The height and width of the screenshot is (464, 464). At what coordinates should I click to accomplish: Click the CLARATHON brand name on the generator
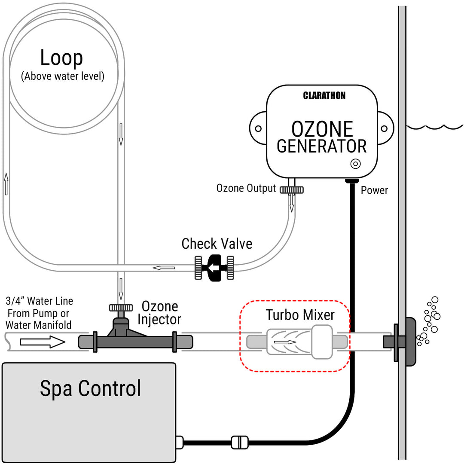coord(324,96)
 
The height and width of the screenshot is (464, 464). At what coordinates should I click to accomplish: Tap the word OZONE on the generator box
coord(322,128)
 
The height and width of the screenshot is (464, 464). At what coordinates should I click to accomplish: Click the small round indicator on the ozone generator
coord(356,164)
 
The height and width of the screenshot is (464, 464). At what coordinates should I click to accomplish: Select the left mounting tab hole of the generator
coord(258,128)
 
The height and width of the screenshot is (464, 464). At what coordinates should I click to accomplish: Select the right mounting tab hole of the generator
coord(384,128)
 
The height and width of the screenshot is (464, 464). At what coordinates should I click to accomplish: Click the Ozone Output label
coord(246,189)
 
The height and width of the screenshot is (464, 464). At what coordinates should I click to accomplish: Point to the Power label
coord(374,190)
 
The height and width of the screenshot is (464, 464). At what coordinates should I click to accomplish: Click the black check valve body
coord(214,268)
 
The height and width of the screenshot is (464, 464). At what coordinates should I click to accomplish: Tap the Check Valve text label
coord(217,244)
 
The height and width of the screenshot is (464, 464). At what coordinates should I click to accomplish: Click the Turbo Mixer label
coord(300,314)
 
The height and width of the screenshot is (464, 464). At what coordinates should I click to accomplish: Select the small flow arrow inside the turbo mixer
coord(285,342)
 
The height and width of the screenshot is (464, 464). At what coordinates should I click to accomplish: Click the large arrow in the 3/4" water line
coord(43,342)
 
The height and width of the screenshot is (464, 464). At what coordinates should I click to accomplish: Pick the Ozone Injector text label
coord(159,313)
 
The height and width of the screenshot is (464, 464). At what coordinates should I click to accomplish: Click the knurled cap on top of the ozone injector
coord(121,308)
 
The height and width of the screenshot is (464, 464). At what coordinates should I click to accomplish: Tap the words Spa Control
coord(90,388)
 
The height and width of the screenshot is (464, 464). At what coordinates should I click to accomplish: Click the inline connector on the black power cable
coord(239,442)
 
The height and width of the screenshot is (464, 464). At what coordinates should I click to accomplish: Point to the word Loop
coord(61,58)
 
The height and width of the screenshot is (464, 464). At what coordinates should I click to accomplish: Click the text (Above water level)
coord(63,76)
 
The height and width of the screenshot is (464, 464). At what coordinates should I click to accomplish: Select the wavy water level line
coord(435,127)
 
